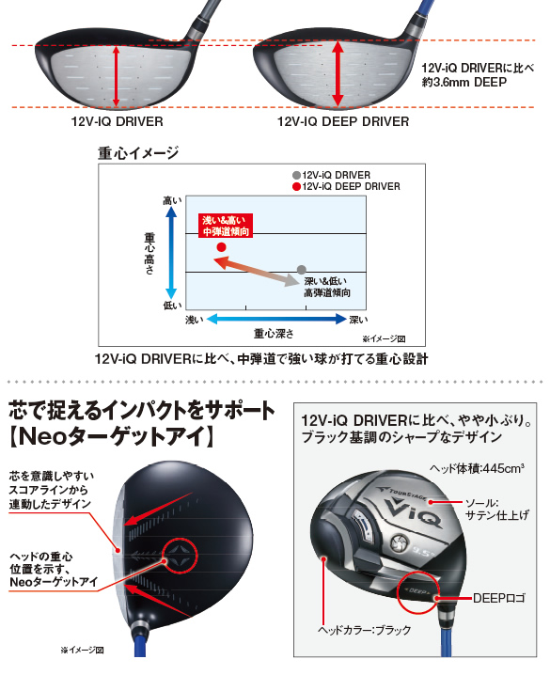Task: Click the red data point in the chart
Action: tap(221, 247)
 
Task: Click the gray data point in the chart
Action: tap(302, 270)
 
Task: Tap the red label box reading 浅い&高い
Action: tap(226, 226)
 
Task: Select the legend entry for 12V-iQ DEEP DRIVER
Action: tap(346, 186)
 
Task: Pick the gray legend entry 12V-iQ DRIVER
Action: tap(331, 175)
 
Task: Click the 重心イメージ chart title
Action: tap(138, 153)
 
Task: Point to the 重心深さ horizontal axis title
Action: tap(274, 333)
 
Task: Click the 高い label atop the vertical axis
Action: tap(172, 200)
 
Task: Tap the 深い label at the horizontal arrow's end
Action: tap(358, 320)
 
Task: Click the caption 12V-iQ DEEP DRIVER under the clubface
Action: tap(343, 121)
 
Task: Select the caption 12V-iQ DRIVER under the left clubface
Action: tap(118, 121)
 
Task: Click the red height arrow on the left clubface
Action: tap(116, 76)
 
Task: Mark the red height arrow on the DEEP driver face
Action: tap(338, 73)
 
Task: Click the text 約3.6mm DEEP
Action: tap(464, 82)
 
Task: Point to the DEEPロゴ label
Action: tap(499, 598)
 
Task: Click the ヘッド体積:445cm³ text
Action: tap(477, 468)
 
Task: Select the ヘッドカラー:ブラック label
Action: tap(364, 630)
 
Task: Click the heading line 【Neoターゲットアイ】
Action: tap(112, 436)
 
